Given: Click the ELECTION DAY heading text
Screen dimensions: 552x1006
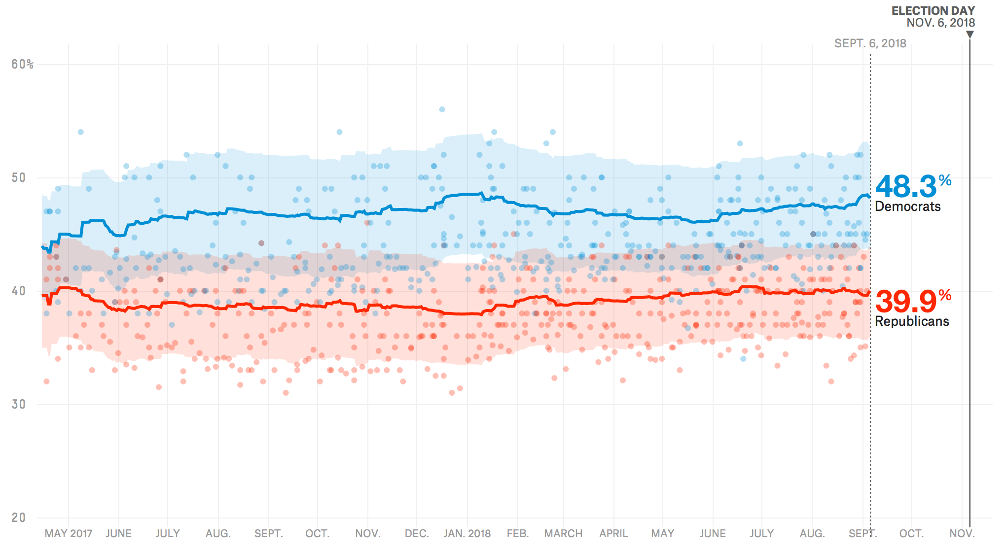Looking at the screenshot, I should coord(933,10).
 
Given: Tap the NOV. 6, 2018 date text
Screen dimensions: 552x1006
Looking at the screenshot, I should coord(940,23).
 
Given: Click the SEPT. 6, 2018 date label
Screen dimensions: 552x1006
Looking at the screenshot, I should coord(870,43).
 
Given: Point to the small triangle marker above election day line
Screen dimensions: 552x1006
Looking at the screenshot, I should coord(970,34).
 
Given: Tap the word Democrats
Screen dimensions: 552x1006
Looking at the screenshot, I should coord(907,207).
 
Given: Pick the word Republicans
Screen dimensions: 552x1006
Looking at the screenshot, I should coord(911,321).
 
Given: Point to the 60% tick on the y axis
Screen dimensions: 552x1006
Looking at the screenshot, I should coord(22,65).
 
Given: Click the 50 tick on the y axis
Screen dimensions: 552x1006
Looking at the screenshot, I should coord(19,178).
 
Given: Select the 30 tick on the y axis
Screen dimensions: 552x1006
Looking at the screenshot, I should coord(19,405).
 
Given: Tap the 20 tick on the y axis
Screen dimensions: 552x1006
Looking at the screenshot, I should coord(19,518).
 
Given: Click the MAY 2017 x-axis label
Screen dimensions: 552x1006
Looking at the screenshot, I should coord(68,534).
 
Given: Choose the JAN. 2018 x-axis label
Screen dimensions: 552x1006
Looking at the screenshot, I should coord(467,534).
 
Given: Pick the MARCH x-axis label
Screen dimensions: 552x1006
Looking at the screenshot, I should coord(563,534).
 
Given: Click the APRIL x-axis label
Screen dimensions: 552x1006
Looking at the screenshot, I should coord(613,534).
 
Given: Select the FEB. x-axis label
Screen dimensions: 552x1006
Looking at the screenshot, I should coord(517,534).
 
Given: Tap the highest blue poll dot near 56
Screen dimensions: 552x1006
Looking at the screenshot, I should coord(442,109).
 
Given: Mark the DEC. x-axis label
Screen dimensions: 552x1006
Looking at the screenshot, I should coord(417,534).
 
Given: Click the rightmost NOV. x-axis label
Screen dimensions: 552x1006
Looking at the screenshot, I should coord(962,534).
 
